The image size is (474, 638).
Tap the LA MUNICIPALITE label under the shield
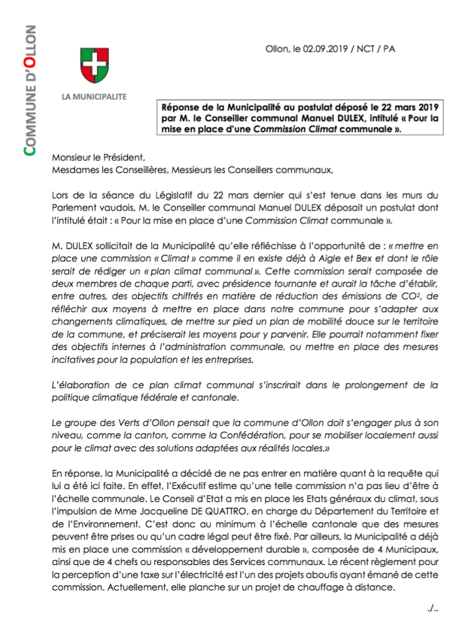click(x=94, y=97)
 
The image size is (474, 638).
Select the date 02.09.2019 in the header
click(x=326, y=49)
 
